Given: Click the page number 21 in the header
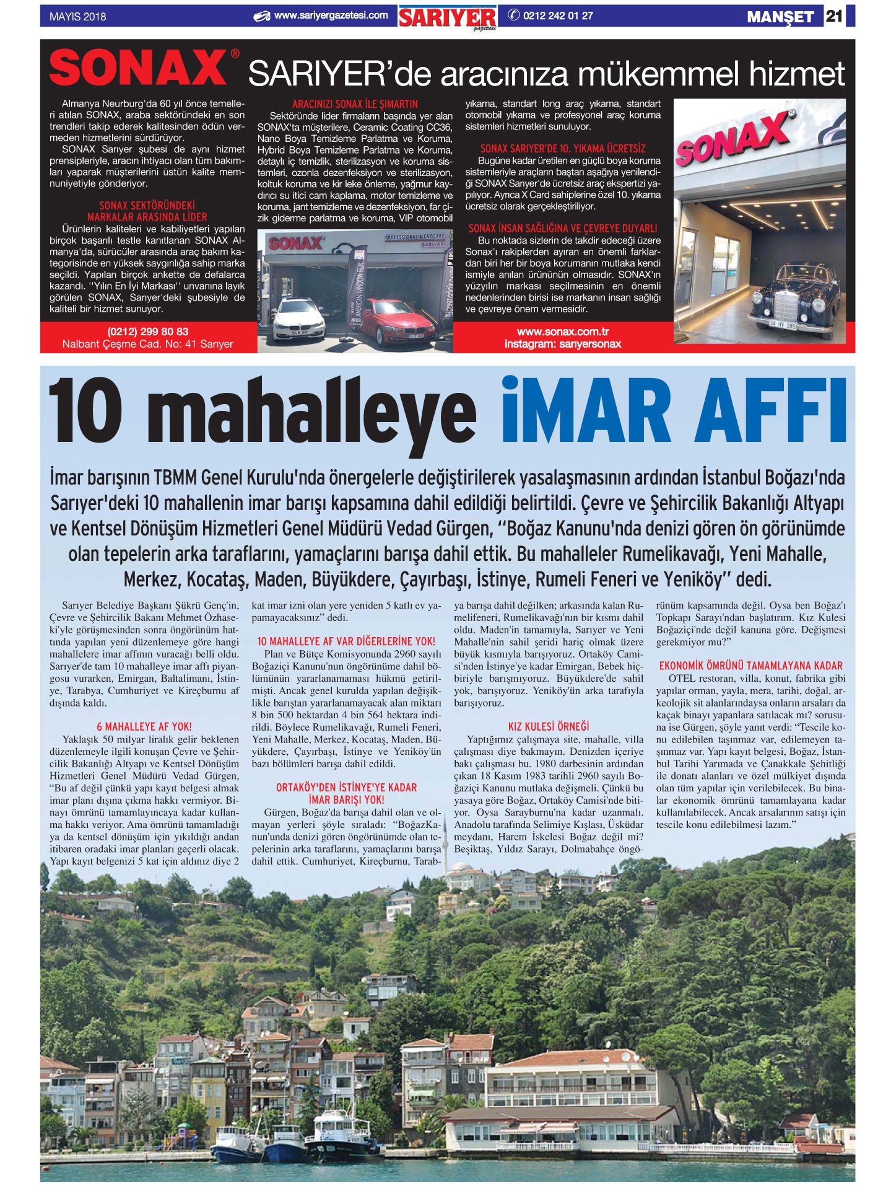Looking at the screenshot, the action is (x=833, y=16).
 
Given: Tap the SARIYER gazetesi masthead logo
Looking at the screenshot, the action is (x=447, y=18).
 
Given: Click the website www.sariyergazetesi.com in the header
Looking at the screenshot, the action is (x=331, y=15).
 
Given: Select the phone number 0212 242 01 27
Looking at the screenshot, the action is (x=557, y=16).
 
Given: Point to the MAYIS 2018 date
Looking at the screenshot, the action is (x=77, y=17).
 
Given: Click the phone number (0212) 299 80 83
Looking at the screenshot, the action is (x=147, y=332).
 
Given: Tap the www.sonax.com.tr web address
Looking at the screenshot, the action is (x=562, y=332).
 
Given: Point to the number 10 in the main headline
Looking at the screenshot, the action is (x=85, y=410).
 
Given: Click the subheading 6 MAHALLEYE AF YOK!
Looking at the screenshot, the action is (x=144, y=726).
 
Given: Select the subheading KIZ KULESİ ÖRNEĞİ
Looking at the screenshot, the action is (x=548, y=726).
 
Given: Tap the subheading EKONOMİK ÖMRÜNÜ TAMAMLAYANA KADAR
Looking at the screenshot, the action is (x=750, y=666).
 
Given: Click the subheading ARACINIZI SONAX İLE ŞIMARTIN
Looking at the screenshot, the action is (x=355, y=104).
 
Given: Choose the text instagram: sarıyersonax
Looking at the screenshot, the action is (x=562, y=344).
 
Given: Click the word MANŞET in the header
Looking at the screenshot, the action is (x=780, y=17).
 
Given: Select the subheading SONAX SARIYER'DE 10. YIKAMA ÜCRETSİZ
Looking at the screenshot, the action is (x=562, y=149).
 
